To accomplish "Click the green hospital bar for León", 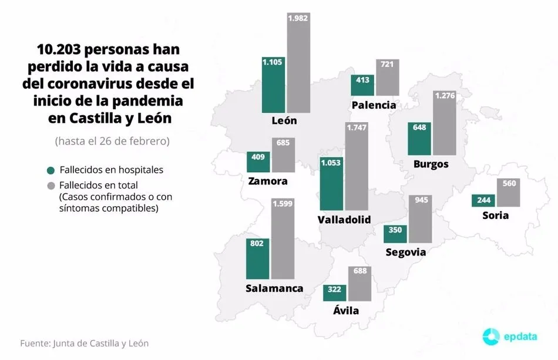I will [273, 85].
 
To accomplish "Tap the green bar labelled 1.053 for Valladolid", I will [331, 183].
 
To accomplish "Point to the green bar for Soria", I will [483, 200].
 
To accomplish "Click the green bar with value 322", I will [335, 292].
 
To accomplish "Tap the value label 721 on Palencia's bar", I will [388, 64].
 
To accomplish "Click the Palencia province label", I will [374, 106].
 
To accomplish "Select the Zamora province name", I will [268, 181].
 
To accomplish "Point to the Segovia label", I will [405, 253].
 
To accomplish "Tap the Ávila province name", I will [346, 311].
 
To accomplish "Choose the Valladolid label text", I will [344, 220].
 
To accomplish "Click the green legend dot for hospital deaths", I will [51, 170].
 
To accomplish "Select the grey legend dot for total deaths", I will [51, 186].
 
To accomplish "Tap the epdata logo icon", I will [491, 337].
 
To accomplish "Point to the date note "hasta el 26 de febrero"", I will [112, 142].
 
